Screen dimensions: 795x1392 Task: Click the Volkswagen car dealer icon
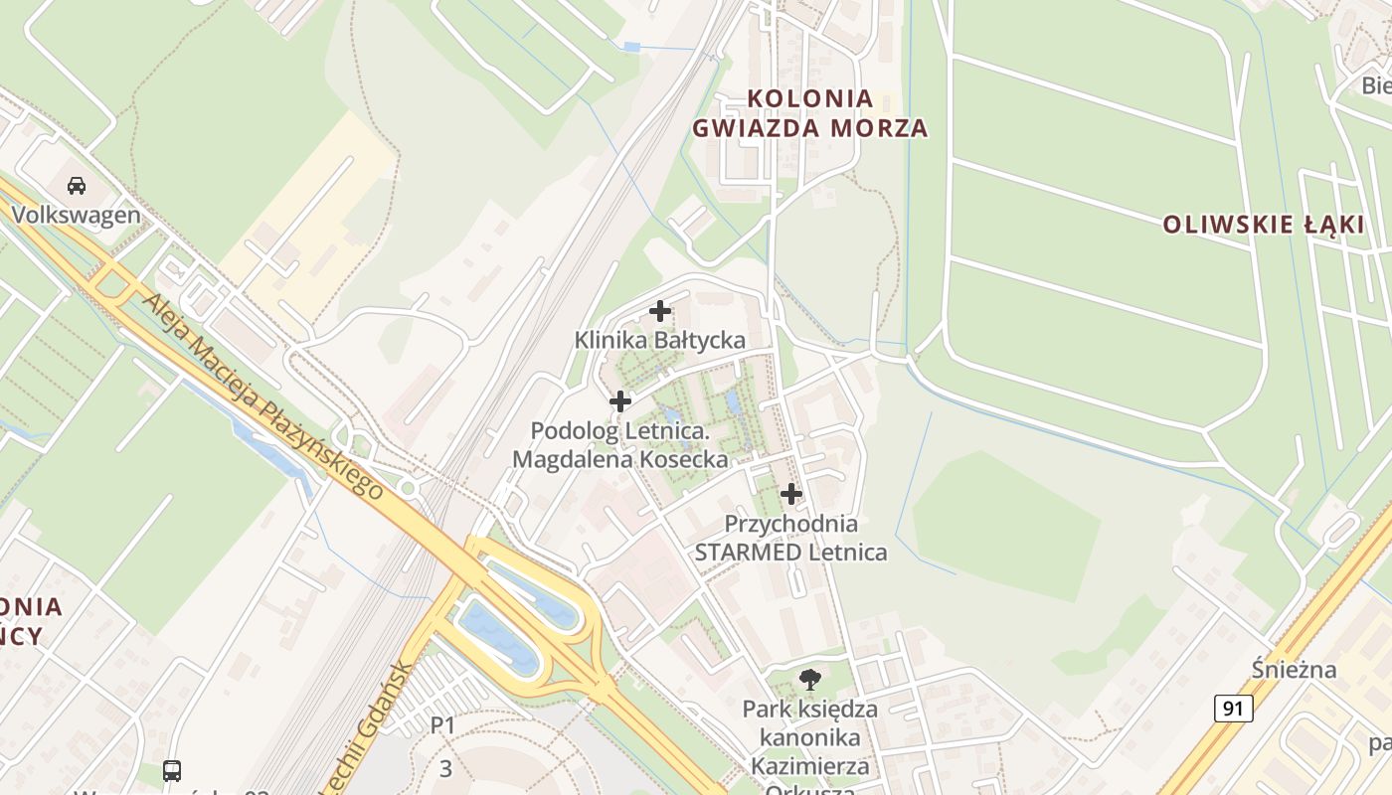(x=76, y=185)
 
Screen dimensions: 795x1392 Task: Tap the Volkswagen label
(x=77, y=215)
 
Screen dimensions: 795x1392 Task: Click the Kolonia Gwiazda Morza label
(x=809, y=113)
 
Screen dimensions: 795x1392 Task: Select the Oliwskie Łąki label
(x=1264, y=225)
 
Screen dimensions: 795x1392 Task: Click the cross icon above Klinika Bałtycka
(x=660, y=311)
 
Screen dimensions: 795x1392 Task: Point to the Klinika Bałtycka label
(x=660, y=340)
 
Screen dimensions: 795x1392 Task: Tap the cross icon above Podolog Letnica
(x=620, y=401)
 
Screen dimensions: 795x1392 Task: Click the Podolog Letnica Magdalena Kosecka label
(x=620, y=445)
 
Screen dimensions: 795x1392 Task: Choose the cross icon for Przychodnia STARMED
(x=791, y=494)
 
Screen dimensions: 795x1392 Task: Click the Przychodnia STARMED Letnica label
(x=791, y=538)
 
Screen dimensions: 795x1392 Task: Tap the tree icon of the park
(x=810, y=680)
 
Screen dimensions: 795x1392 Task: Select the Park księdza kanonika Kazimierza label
(x=810, y=737)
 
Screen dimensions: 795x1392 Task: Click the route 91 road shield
(x=1233, y=709)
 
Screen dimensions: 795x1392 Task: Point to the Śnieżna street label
(x=1294, y=669)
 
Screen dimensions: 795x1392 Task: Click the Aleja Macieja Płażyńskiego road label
(x=263, y=396)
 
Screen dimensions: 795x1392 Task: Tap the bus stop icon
(x=172, y=770)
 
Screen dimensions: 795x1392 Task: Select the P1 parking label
(x=442, y=725)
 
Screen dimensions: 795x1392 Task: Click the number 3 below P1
(x=445, y=768)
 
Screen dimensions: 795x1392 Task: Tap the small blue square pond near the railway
(x=631, y=47)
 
